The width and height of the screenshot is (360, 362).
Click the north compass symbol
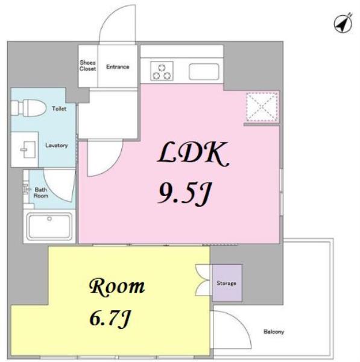coord(343,23)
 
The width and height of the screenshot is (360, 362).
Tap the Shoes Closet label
coord(87,66)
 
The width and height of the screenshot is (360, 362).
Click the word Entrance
coord(118,67)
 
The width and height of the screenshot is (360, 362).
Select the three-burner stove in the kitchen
coord(162,71)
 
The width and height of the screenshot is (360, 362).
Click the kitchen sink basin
coord(204,72)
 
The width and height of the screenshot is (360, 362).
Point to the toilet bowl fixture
coord(28,108)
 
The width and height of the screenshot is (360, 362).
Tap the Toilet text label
coord(59,109)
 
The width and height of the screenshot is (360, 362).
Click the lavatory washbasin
coord(28,150)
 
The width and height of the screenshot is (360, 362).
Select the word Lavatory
coord(57,145)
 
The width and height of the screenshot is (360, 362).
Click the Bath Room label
coord(41,192)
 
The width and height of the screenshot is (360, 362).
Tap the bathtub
coord(49,226)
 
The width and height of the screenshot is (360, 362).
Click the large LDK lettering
coord(193,153)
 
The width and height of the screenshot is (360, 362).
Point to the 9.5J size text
coord(185,194)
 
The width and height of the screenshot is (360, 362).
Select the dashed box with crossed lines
coord(262,106)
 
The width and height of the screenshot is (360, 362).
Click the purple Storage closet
coord(227,283)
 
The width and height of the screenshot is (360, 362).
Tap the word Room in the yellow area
coord(117,287)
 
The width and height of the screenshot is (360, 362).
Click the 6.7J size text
coord(110,319)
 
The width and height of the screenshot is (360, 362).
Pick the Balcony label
coord(274,332)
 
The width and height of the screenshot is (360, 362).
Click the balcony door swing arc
coord(242,323)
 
